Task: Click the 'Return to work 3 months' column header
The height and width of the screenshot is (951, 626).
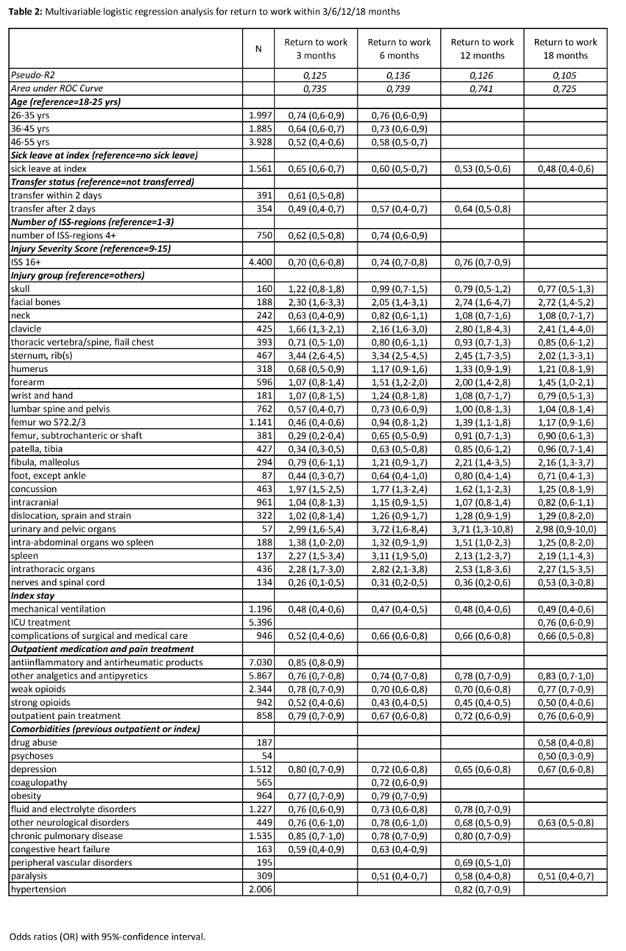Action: click(316, 49)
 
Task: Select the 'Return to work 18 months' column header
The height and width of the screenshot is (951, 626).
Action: click(565, 49)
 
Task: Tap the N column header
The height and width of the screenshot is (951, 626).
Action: click(258, 49)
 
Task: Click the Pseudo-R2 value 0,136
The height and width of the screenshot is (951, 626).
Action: click(399, 75)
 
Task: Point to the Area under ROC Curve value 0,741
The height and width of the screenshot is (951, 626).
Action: click(483, 88)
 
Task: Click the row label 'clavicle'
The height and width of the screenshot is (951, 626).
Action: click(26, 328)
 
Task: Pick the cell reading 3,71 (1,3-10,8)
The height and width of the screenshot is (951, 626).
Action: click(483, 529)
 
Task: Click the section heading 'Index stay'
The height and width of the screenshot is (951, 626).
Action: click(32, 596)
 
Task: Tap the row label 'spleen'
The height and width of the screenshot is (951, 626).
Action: click(24, 555)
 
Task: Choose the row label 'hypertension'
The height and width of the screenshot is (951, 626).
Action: click(38, 889)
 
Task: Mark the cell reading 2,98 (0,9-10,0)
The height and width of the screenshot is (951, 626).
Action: click(565, 529)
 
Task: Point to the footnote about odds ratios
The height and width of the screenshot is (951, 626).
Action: click(108, 936)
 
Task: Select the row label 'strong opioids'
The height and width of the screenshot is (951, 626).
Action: click(40, 702)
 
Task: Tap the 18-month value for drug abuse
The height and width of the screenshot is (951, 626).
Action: click(565, 742)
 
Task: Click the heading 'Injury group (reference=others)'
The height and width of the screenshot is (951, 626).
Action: click(77, 275)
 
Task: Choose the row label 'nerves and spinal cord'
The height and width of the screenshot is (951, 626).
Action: click(58, 583)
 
